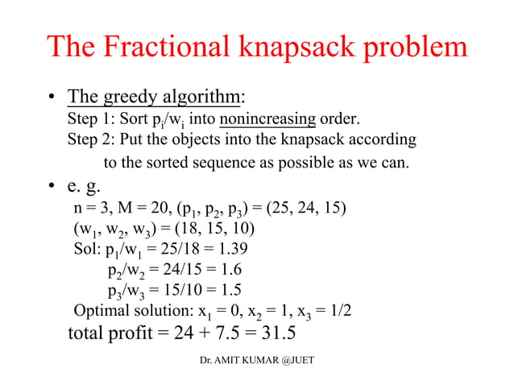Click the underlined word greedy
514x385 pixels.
click(x=125, y=99)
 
